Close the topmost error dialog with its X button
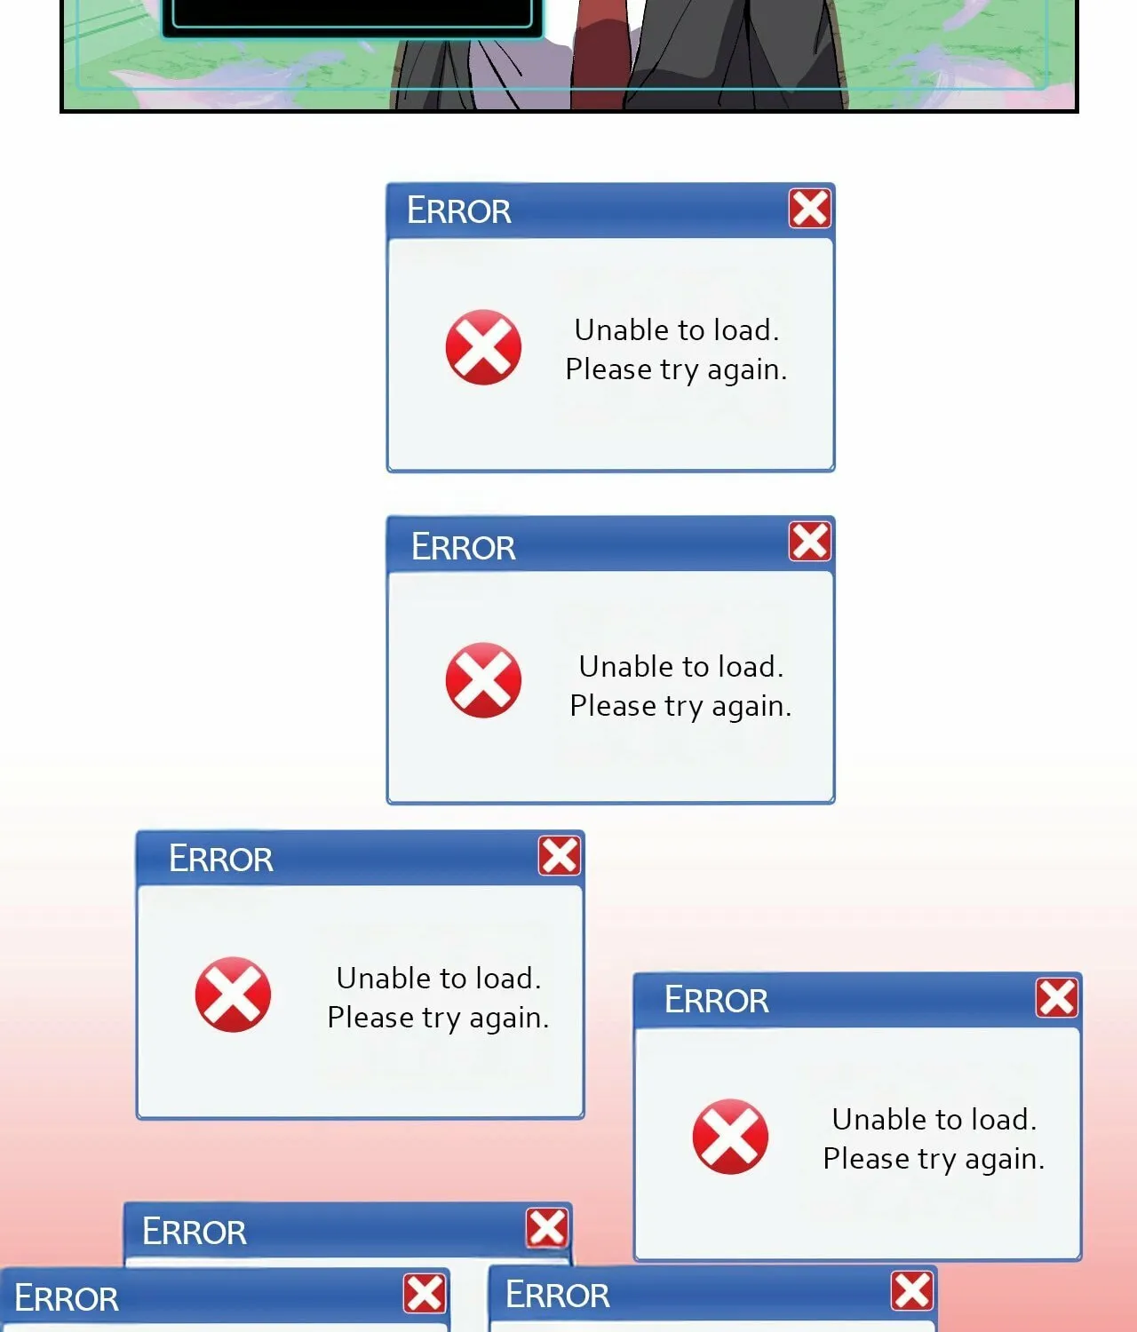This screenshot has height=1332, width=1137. (809, 208)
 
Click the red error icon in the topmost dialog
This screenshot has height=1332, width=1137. (483, 347)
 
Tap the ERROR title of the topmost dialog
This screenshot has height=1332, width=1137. (459, 210)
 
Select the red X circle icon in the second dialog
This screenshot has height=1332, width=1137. (483, 680)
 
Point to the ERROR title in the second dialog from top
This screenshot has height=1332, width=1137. (464, 547)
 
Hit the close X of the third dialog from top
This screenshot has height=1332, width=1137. (560, 856)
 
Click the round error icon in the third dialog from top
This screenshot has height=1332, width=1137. (233, 995)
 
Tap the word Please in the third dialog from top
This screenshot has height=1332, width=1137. (370, 1018)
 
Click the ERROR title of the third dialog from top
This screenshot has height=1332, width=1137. (221, 859)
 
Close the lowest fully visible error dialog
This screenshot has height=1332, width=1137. (1057, 997)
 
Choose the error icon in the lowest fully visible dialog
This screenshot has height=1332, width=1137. (730, 1136)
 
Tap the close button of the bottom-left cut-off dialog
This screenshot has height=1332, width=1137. (425, 1293)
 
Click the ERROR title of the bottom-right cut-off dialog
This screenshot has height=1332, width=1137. (558, 1296)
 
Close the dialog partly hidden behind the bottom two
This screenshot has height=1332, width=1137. (547, 1227)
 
